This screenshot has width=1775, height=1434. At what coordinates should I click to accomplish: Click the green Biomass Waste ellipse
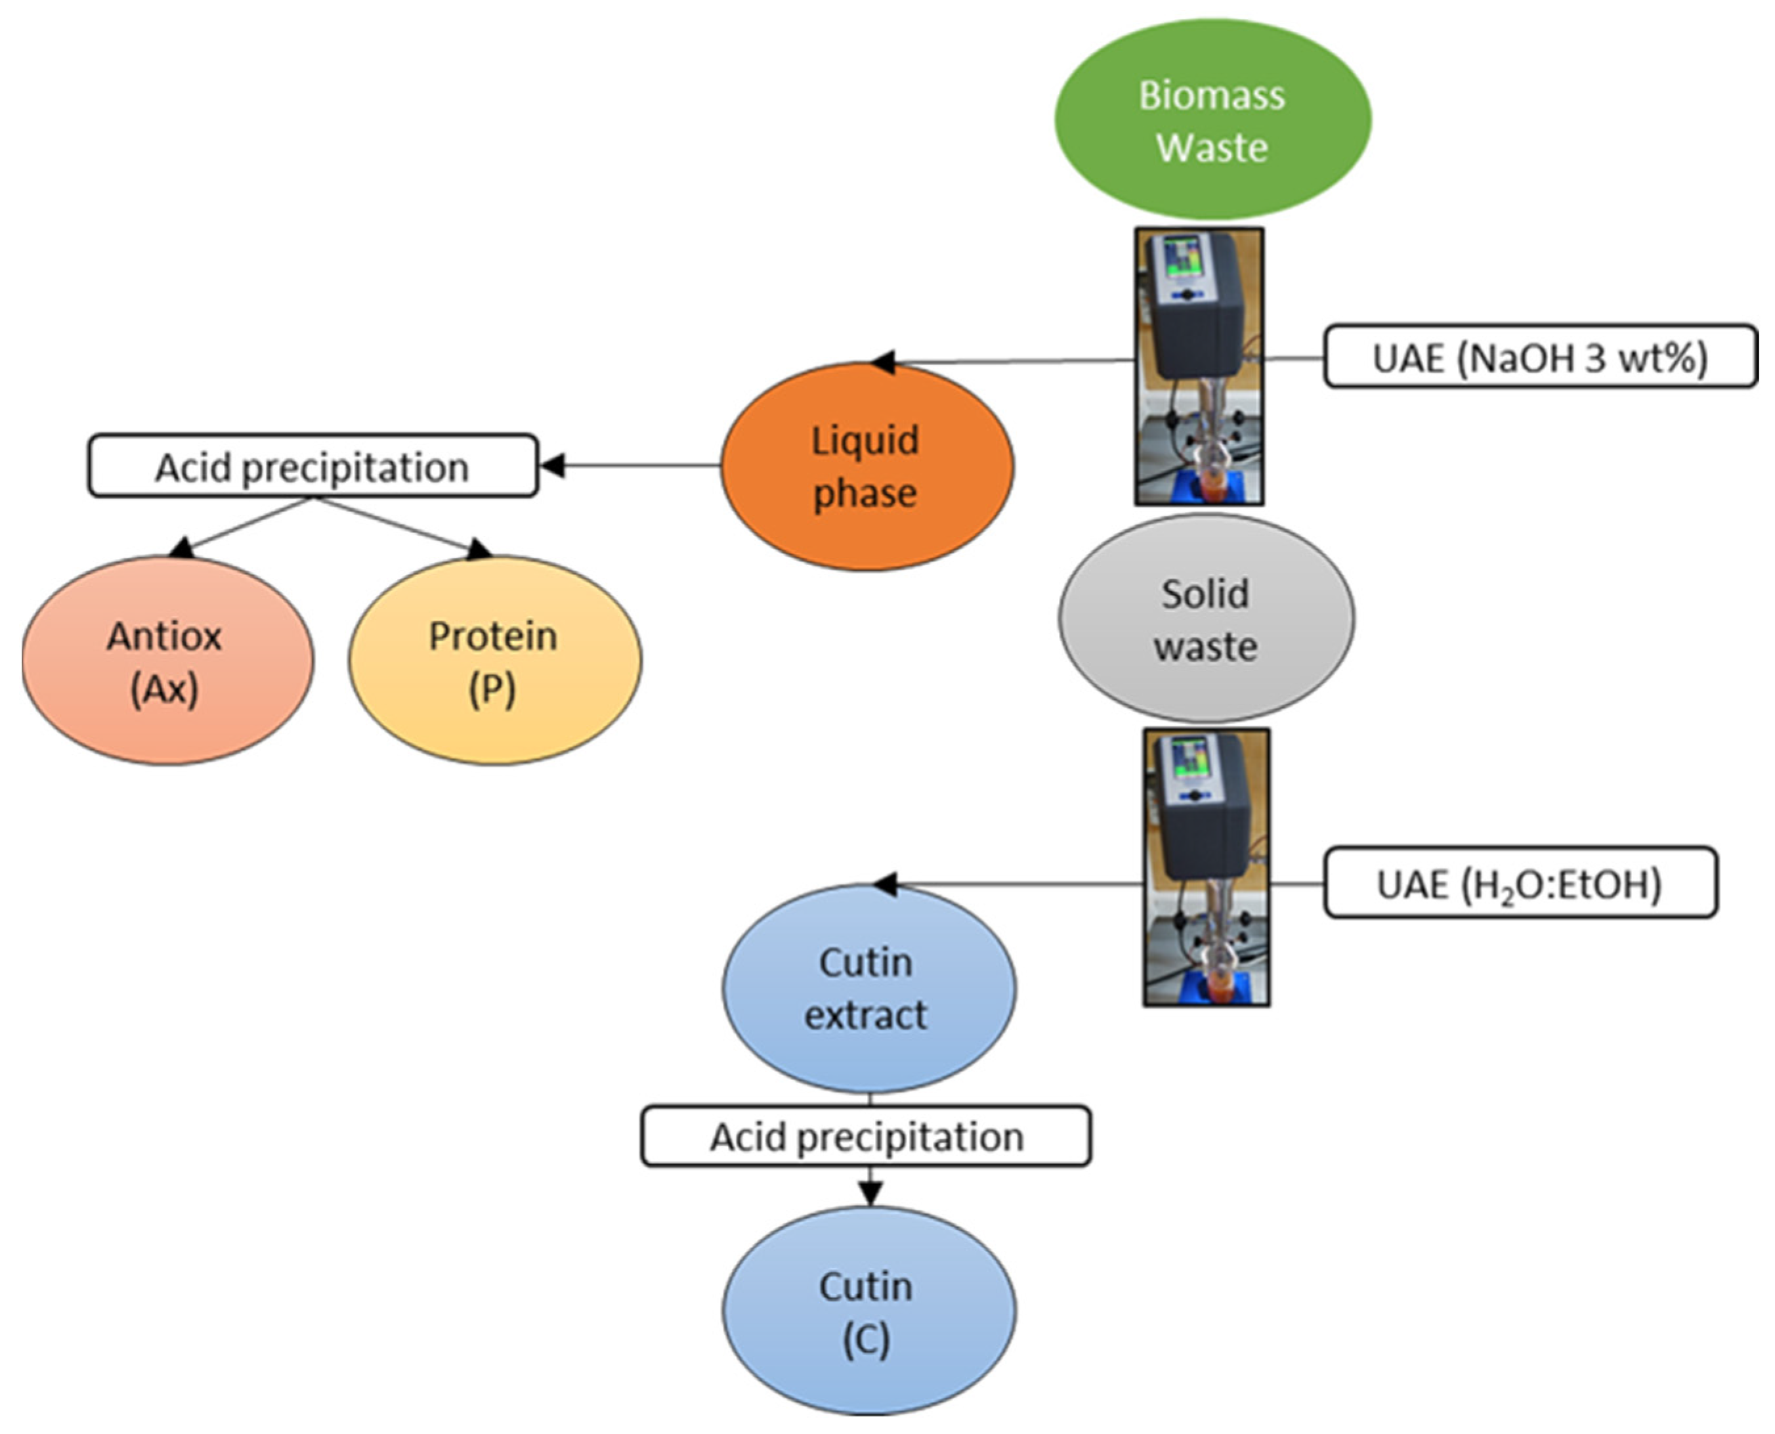click(x=1212, y=119)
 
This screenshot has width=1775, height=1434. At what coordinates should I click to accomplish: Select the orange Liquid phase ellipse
click(x=866, y=467)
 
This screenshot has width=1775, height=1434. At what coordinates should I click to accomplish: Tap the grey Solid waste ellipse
click(x=1206, y=620)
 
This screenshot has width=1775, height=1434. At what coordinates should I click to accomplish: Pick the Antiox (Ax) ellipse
click(x=167, y=661)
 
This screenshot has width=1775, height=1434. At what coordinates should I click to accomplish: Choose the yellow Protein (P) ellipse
click(x=494, y=661)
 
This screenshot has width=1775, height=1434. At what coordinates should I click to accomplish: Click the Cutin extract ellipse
click(x=869, y=989)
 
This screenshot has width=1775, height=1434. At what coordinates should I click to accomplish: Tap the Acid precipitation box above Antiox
click(x=312, y=467)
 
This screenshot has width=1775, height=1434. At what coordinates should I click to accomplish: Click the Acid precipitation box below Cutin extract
click(x=866, y=1137)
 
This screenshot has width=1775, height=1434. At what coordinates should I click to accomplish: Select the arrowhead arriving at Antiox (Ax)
click(x=182, y=548)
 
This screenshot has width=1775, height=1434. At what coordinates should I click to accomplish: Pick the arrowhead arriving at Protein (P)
click(x=479, y=550)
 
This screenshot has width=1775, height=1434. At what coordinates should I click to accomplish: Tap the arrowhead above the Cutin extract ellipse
click(x=886, y=884)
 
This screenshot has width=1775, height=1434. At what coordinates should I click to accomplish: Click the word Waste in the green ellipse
click(x=1212, y=148)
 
